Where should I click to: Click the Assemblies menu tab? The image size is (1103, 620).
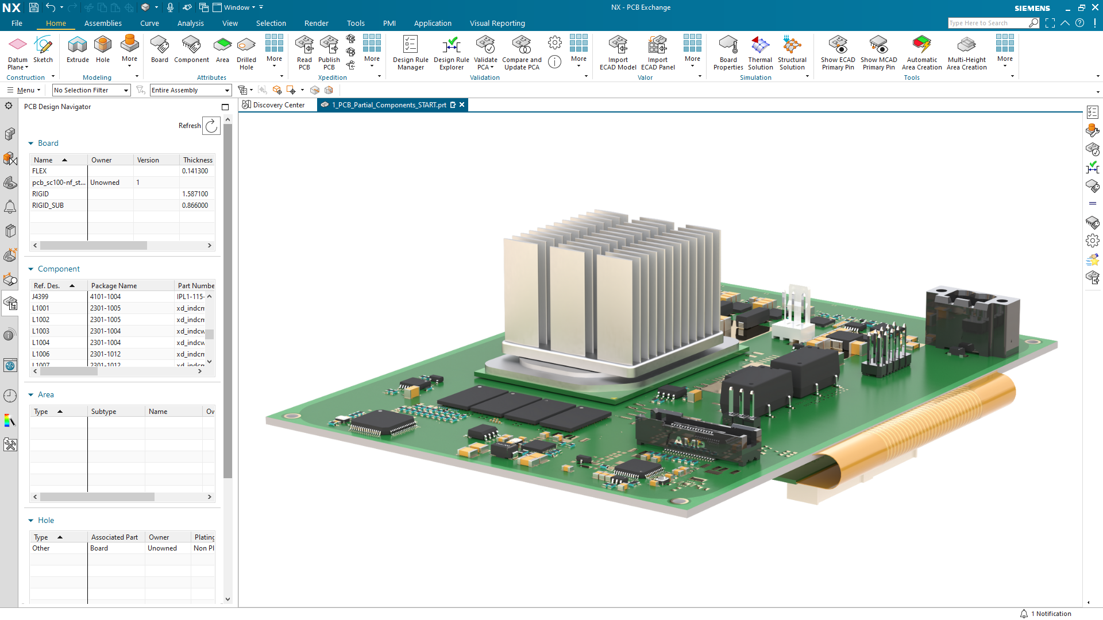click(103, 24)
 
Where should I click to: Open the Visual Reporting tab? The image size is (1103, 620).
click(497, 24)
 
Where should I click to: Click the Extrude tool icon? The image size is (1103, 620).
click(78, 49)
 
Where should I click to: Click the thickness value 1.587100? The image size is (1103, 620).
click(195, 194)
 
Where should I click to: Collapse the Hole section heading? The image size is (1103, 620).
click(46, 521)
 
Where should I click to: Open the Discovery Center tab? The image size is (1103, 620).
click(278, 105)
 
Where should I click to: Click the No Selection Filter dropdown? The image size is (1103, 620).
click(91, 90)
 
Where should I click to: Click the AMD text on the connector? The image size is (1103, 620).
click(689, 443)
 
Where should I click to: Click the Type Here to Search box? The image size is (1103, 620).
click(986, 23)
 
